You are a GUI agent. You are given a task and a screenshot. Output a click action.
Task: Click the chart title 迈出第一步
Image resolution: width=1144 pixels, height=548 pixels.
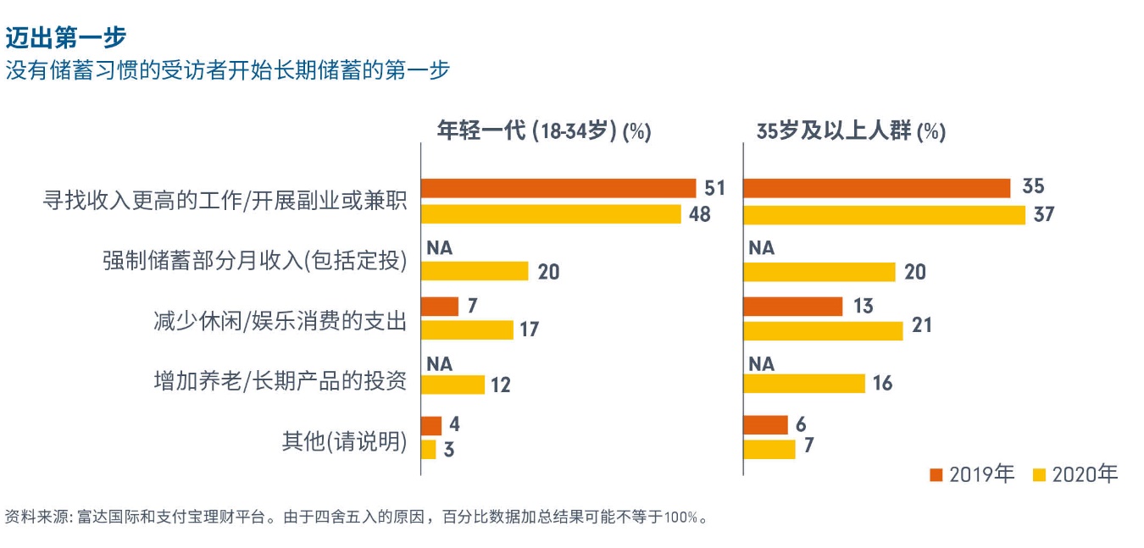coord(65,37)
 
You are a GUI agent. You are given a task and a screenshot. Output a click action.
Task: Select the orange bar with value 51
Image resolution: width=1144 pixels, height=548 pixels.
coord(558,188)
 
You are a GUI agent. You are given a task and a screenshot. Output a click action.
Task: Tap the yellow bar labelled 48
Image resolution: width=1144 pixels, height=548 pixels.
coord(551,214)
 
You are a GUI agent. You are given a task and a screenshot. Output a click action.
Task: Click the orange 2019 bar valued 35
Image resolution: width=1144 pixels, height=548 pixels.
coord(876,188)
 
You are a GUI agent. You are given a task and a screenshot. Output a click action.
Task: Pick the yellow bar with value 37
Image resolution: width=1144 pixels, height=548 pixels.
coord(884,214)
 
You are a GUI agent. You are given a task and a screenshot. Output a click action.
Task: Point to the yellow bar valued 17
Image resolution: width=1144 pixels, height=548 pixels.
coord(467,329)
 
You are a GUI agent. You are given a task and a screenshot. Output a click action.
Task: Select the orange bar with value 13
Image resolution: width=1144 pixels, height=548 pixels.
coord(792,306)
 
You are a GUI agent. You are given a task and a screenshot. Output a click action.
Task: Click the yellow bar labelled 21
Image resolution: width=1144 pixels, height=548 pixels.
coord(823,329)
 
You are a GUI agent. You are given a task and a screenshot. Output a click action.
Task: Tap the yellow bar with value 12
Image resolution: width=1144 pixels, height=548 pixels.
coord(453,385)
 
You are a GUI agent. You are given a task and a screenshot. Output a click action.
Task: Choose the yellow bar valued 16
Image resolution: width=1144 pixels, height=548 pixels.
coord(804,384)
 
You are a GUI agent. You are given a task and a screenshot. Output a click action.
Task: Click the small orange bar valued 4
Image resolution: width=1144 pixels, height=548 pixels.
coord(431,425)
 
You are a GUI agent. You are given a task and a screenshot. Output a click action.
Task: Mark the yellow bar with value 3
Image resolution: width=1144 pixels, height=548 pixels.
coord(429,449)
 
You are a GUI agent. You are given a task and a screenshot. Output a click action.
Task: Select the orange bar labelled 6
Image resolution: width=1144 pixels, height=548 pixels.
coord(765,425)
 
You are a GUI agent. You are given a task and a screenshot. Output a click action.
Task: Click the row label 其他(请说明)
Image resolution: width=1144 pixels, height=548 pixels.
coord(344,441)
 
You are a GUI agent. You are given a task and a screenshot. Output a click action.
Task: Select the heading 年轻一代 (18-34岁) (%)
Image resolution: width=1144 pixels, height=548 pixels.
coord(543,131)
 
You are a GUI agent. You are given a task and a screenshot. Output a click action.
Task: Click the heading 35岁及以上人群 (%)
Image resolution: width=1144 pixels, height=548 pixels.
coord(851,131)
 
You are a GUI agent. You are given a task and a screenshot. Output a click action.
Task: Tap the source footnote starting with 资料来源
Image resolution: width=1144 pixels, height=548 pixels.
coord(356,517)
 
